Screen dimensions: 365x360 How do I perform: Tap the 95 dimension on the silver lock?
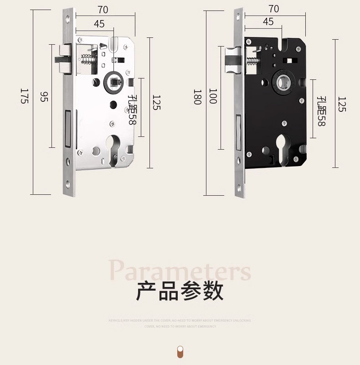44,97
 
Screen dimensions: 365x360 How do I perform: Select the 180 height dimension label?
197,97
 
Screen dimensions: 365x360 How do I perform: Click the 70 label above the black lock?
274,9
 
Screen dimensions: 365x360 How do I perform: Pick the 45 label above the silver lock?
99,24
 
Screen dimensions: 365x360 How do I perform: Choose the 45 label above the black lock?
268,22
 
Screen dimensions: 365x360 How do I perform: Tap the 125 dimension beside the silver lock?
156,103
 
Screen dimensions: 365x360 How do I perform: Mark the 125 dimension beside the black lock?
342,104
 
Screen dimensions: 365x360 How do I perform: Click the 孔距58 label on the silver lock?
132,109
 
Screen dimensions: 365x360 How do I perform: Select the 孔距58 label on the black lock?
322,111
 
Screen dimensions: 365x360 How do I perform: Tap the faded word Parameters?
180,270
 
